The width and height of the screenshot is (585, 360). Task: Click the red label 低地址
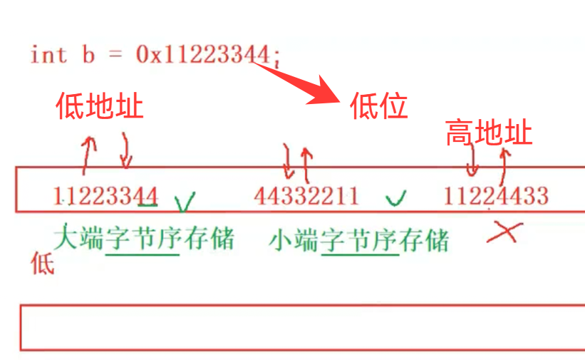100,107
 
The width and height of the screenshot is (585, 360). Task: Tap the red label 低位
378,107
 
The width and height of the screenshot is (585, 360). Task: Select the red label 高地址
489,133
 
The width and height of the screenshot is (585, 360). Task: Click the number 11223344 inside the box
105,195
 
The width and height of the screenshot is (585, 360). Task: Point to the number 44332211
306,195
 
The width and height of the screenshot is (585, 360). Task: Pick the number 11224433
496,195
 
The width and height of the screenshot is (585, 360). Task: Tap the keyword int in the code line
48,55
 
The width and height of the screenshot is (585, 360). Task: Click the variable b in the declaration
88,55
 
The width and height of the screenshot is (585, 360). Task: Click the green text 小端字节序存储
359,240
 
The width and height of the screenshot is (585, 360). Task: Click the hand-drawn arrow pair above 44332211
297,161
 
